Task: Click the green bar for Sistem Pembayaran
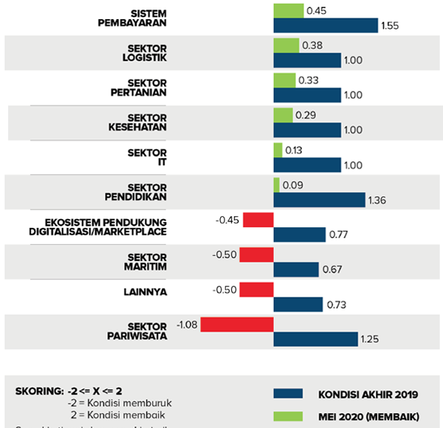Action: click(x=288, y=10)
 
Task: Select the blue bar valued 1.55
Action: click(x=326, y=26)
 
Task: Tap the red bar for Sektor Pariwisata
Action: click(x=236, y=324)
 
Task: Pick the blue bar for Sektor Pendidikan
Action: click(x=319, y=199)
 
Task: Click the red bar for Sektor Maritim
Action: click(x=258, y=255)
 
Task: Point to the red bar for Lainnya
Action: click(x=258, y=290)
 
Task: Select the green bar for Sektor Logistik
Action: click(x=286, y=45)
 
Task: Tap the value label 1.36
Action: click(x=379, y=200)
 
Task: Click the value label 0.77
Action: click(x=339, y=235)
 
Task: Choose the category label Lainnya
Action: click(x=145, y=291)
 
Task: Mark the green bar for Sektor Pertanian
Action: click(x=284, y=80)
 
